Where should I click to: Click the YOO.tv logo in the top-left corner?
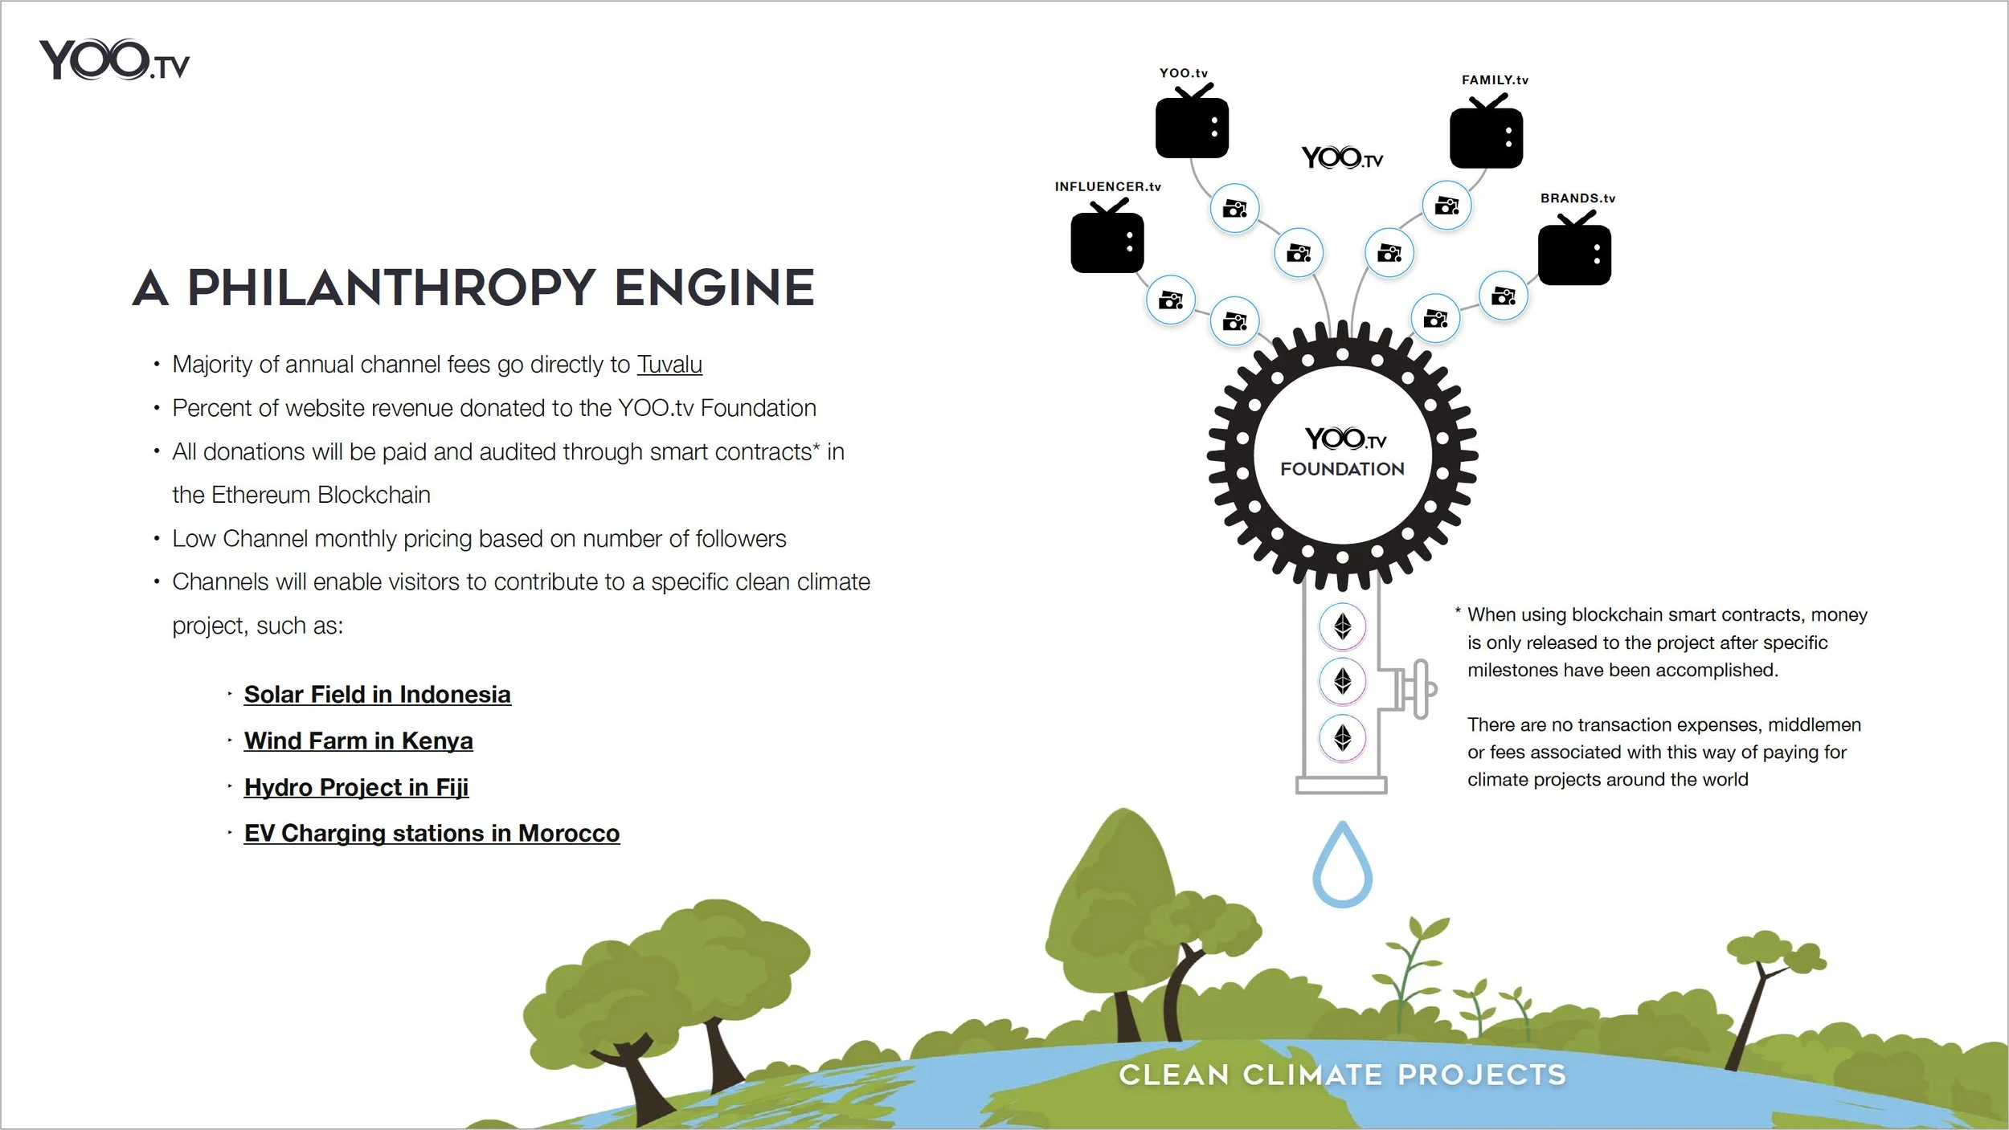point(114,60)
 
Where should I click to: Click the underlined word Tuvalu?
point(669,365)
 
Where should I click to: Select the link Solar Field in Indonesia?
point(377,695)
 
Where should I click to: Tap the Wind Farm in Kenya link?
point(358,741)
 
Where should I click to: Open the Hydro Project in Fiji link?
point(356,788)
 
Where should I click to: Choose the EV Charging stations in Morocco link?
point(432,834)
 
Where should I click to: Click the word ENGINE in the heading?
point(714,288)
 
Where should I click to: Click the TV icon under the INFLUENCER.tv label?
point(1107,241)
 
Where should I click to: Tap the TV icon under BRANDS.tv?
point(1574,253)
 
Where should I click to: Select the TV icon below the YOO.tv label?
point(1192,126)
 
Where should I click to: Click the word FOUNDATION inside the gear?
point(1342,470)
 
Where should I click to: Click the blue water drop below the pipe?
point(1342,868)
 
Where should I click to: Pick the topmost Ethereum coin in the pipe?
point(1342,626)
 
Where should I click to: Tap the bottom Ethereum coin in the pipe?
point(1342,737)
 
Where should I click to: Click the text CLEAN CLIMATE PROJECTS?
point(1342,1075)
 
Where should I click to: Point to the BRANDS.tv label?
point(1577,198)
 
